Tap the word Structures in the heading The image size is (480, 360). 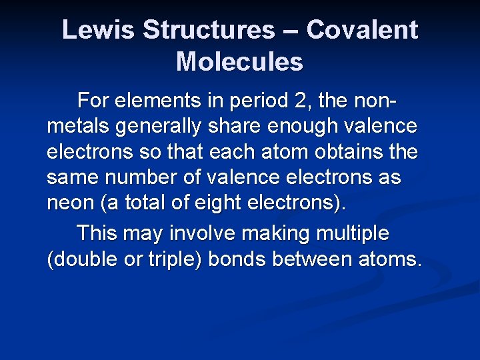tap(208, 30)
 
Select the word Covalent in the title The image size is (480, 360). tap(363, 30)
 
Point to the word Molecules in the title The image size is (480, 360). tap(239, 62)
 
